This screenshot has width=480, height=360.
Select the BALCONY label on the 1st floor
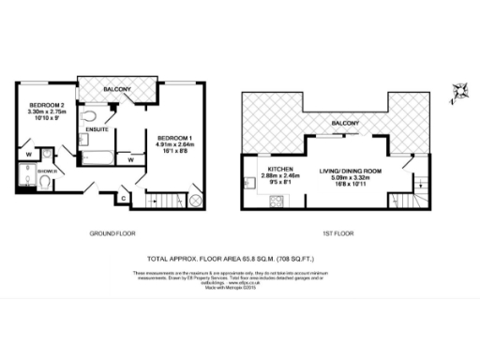click(x=348, y=123)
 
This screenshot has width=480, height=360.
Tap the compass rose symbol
click(x=459, y=91)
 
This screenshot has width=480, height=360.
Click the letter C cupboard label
click(x=125, y=197)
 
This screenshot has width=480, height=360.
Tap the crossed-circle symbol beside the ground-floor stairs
click(x=195, y=201)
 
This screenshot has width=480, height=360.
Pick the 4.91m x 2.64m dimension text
click(x=174, y=145)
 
